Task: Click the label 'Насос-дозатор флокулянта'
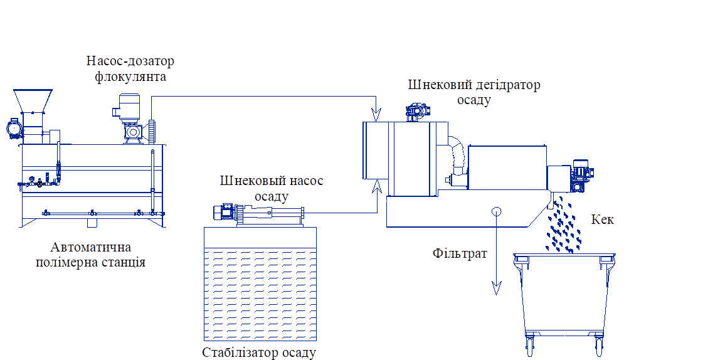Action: point(130,68)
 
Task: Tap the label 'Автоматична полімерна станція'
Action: point(90,254)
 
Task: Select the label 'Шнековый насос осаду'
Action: point(272,188)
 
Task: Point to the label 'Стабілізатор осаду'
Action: point(259,352)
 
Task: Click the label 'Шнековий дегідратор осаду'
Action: point(474,92)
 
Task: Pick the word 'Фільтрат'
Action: point(460,253)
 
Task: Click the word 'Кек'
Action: point(602,220)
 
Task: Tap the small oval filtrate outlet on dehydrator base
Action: point(496,211)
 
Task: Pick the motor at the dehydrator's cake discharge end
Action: point(581,177)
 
